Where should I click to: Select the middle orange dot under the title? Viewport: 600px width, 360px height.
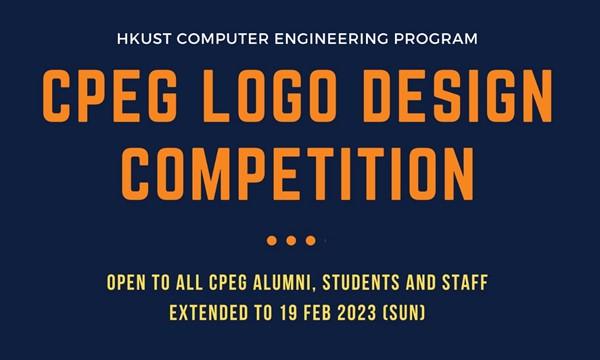pos(291,240)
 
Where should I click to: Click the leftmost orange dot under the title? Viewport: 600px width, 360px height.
pos(272,240)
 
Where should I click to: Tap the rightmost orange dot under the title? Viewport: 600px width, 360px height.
pos(311,240)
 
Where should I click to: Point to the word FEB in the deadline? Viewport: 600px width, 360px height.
pos(300,314)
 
